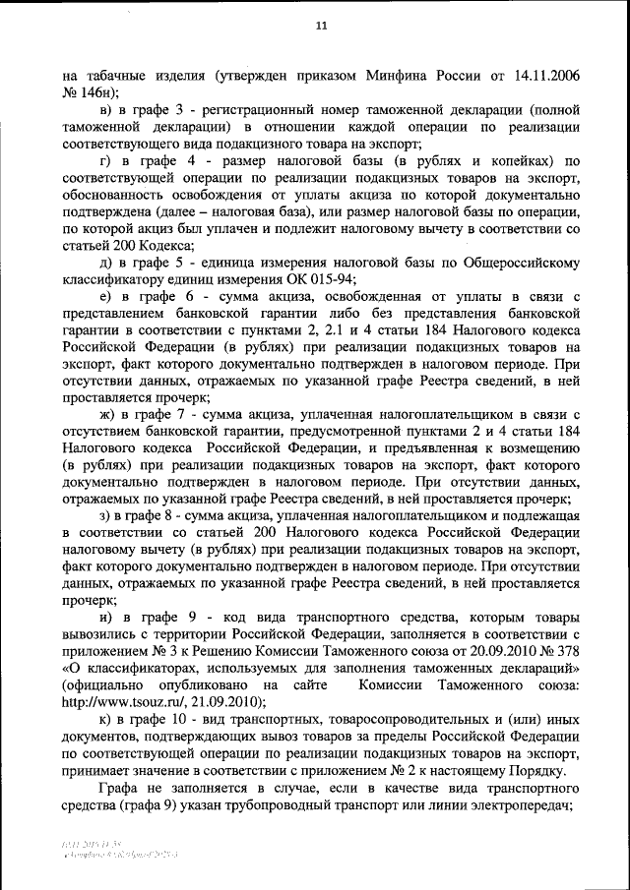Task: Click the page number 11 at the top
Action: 320,27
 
